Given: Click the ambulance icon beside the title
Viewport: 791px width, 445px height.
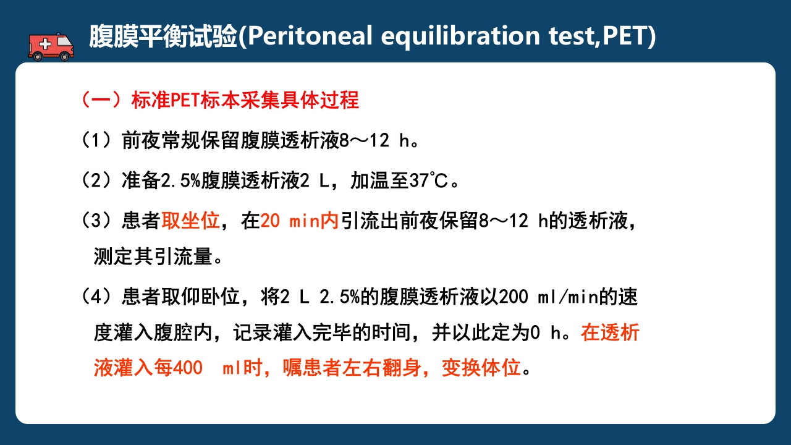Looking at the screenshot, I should (51, 44).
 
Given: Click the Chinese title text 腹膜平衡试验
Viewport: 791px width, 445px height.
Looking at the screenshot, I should (163, 36).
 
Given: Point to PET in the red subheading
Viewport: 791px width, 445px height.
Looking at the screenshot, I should (185, 100).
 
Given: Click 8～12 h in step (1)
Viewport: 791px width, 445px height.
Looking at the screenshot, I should (376, 140).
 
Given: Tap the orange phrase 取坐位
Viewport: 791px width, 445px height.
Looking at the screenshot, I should (191, 221).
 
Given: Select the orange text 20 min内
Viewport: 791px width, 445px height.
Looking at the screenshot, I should (300, 221).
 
